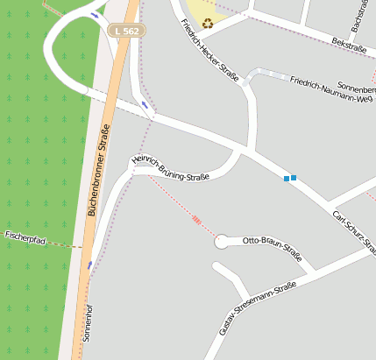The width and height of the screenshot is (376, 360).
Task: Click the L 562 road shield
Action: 126,31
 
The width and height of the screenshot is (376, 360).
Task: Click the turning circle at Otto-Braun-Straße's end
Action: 222,242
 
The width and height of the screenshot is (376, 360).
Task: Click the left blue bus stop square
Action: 286,179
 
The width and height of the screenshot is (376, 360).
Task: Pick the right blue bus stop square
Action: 294,178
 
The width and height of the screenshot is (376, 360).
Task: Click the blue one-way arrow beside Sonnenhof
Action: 89,263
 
